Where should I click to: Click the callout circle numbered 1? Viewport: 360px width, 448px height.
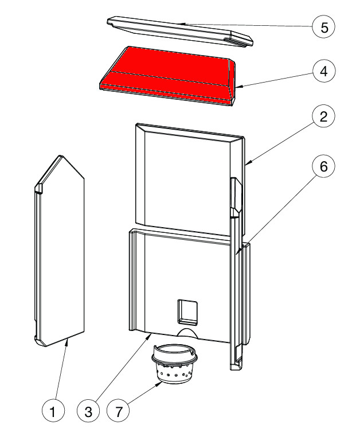(x=53, y=411)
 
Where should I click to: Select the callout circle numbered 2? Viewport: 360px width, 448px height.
(x=323, y=118)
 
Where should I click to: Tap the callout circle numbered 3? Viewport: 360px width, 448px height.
(x=88, y=411)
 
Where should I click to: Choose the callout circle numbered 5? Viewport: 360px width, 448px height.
(x=323, y=28)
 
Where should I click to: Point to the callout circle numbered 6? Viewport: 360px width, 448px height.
(x=323, y=167)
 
